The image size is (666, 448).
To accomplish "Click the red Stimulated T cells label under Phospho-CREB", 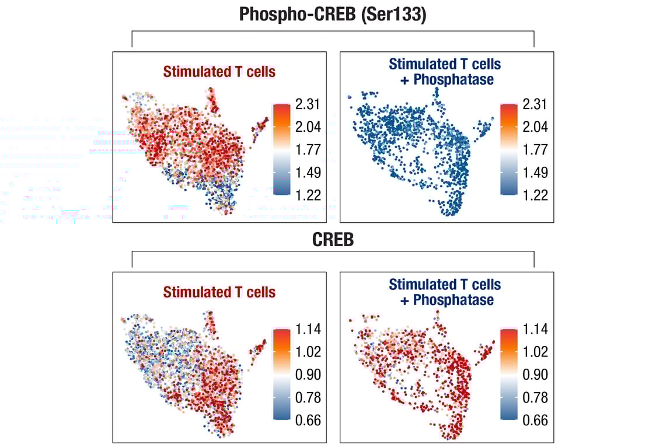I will [x=219, y=72].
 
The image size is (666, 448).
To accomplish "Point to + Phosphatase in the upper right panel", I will [x=447, y=79].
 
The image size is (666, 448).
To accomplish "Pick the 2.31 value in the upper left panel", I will [x=309, y=105].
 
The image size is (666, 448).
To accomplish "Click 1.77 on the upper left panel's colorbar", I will [x=309, y=150].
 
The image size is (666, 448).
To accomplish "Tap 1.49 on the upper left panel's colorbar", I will [x=309, y=172].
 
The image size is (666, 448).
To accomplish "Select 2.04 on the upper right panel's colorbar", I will [x=536, y=127].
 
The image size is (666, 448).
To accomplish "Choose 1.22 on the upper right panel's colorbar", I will [x=536, y=195].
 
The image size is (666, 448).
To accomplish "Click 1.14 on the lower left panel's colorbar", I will [x=309, y=330].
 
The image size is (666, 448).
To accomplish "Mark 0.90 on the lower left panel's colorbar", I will [x=309, y=374].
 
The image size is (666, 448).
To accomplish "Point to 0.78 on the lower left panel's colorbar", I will [x=309, y=397].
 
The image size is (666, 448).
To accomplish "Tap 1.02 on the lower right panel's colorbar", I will [x=536, y=352].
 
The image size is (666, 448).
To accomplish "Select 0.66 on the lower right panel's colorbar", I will [x=536, y=420].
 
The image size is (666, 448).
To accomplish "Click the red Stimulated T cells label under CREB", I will [x=219, y=292].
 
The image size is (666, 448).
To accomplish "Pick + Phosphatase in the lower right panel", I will [x=447, y=300].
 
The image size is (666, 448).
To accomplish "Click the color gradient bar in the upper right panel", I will [x=509, y=149].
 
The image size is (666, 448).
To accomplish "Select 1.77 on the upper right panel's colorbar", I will [x=536, y=150].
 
